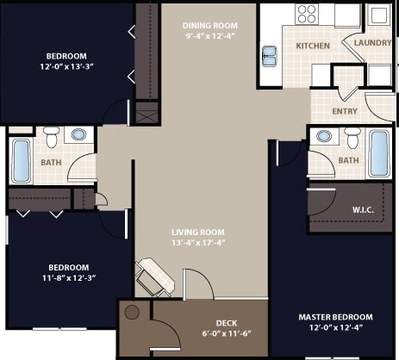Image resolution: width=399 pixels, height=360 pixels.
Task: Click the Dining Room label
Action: tap(209, 25)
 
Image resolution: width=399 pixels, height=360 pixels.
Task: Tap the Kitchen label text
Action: tap(313, 45)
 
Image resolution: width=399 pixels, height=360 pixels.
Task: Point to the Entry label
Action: tap(345, 112)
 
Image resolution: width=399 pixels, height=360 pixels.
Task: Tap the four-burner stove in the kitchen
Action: tap(307, 13)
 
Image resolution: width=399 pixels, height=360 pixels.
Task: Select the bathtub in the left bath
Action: tap(21, 160)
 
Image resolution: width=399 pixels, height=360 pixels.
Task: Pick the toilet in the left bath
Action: tap(51, 136)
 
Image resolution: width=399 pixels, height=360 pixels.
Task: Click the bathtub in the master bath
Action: tap(378, 153)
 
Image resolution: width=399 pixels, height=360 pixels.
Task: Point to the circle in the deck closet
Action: tap(133, 313)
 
